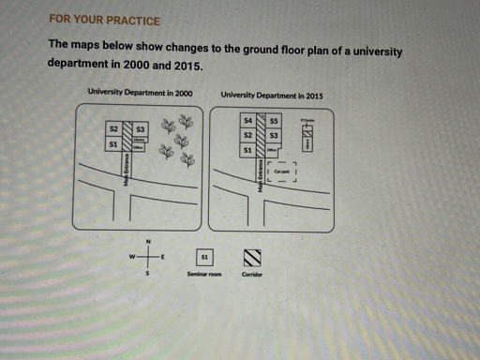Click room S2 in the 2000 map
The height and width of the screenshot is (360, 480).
[x=113, y=127]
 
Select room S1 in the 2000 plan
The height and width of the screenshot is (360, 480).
[x=113, y=144]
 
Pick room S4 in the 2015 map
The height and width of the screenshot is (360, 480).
[x=247, y=121]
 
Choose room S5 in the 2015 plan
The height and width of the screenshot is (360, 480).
[x=274, y=121]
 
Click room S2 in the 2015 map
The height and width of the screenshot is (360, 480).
[x=247, y=135]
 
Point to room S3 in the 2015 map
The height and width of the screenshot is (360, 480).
[x=274, y=136]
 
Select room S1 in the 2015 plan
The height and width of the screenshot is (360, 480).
[x=247, y=150]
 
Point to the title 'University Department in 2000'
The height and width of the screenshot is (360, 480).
[x=140, y=93]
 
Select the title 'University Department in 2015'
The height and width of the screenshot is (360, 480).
[x=272, y=95]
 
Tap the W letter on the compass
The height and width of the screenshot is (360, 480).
[x=132, y=256]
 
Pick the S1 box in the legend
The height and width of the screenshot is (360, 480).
[x=203, y=255]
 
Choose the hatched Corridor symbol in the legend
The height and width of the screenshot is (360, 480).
[x=251, y=256]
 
